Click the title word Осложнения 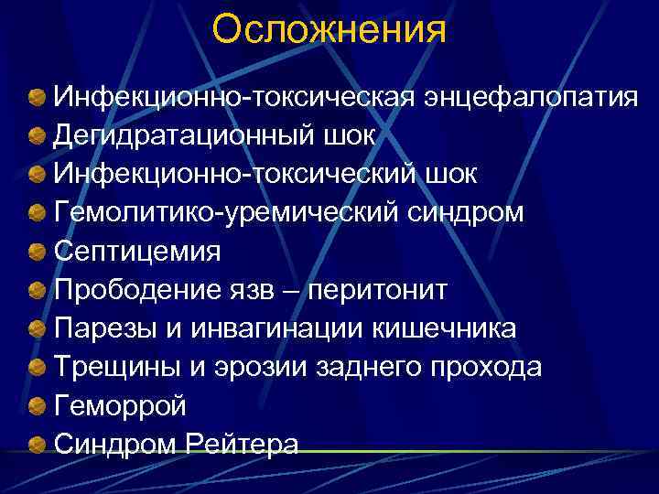click(x=329, y=29)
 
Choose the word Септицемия click(x=137, y=251)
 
